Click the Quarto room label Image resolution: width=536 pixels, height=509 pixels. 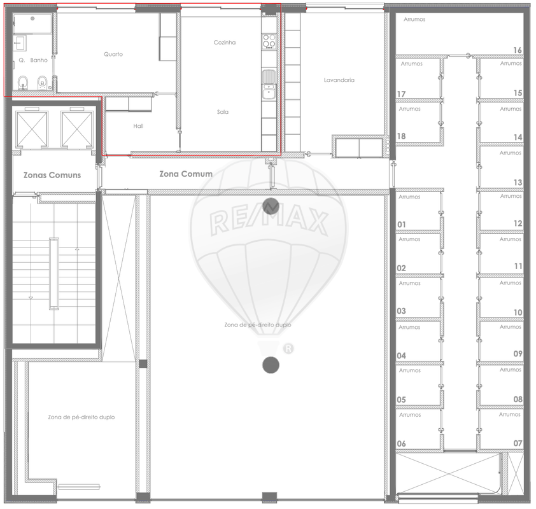[113, 54]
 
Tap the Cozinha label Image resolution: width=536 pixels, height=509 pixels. [225, 43]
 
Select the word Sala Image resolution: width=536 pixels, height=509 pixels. [223, 112]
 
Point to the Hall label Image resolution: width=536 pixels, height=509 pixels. [138, 126]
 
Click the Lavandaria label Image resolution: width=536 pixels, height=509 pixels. [339, 80]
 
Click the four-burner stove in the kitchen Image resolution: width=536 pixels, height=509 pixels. [269, 41]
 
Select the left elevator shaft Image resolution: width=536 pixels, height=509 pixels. [32, 129]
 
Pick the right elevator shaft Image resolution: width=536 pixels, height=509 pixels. [77, 129]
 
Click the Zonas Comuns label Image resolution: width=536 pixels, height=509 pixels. [52, 175]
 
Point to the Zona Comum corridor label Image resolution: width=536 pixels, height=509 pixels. [186, 174]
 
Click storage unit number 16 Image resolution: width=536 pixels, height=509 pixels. [518, 50]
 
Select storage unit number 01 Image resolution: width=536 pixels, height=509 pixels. [402, 225]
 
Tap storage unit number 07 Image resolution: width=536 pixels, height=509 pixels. [518, 443]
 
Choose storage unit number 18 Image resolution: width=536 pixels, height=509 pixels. [401, 136]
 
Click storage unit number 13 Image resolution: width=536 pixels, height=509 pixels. [518, 183]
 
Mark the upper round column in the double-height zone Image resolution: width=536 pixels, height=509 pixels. [271, 206]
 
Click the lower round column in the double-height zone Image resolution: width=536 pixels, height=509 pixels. [271, 365]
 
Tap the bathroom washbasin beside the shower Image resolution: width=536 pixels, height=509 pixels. [20, 43]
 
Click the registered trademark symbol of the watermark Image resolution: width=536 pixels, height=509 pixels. [288, 349]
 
